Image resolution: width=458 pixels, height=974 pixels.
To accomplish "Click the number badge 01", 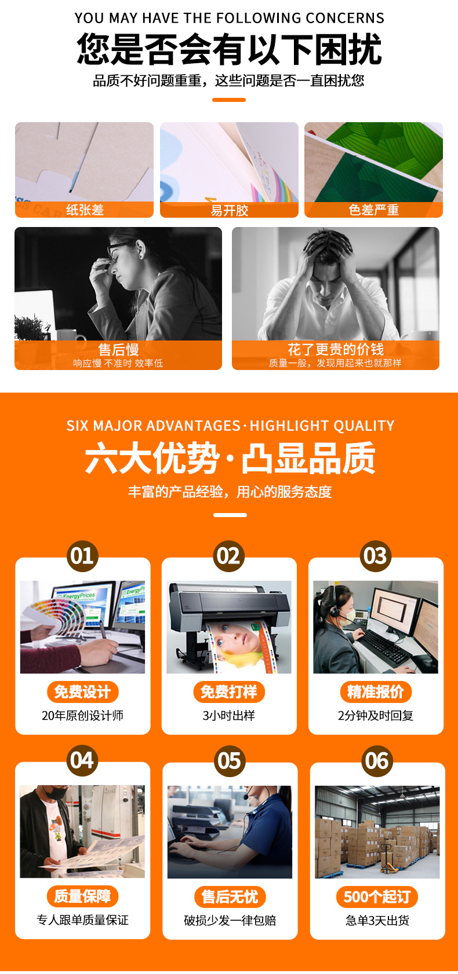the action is pos(82,556).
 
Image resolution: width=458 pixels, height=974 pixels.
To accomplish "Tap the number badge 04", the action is pos(82,760).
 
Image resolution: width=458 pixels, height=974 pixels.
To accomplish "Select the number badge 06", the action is pos(377,761).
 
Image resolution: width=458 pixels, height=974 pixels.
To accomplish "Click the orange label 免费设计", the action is pos(83,692).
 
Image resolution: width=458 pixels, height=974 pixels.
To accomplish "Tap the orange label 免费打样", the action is pos(229,692).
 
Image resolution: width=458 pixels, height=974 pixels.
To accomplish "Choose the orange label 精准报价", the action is pos(376,692).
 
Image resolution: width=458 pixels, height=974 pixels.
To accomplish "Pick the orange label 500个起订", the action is pos(377,896).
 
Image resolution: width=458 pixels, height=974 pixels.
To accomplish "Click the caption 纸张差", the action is pos(85,210).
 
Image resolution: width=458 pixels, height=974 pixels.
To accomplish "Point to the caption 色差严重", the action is pos(373,210).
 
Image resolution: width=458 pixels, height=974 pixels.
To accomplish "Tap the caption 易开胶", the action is pos(230,210).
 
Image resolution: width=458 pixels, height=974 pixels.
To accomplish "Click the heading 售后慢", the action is pos(118,349).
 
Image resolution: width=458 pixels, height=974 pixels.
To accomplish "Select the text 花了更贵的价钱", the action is pos(336,349).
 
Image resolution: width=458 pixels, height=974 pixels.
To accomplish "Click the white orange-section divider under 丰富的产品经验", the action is pos(230,515).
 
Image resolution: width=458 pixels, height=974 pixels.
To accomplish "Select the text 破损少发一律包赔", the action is pos(230,920).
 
